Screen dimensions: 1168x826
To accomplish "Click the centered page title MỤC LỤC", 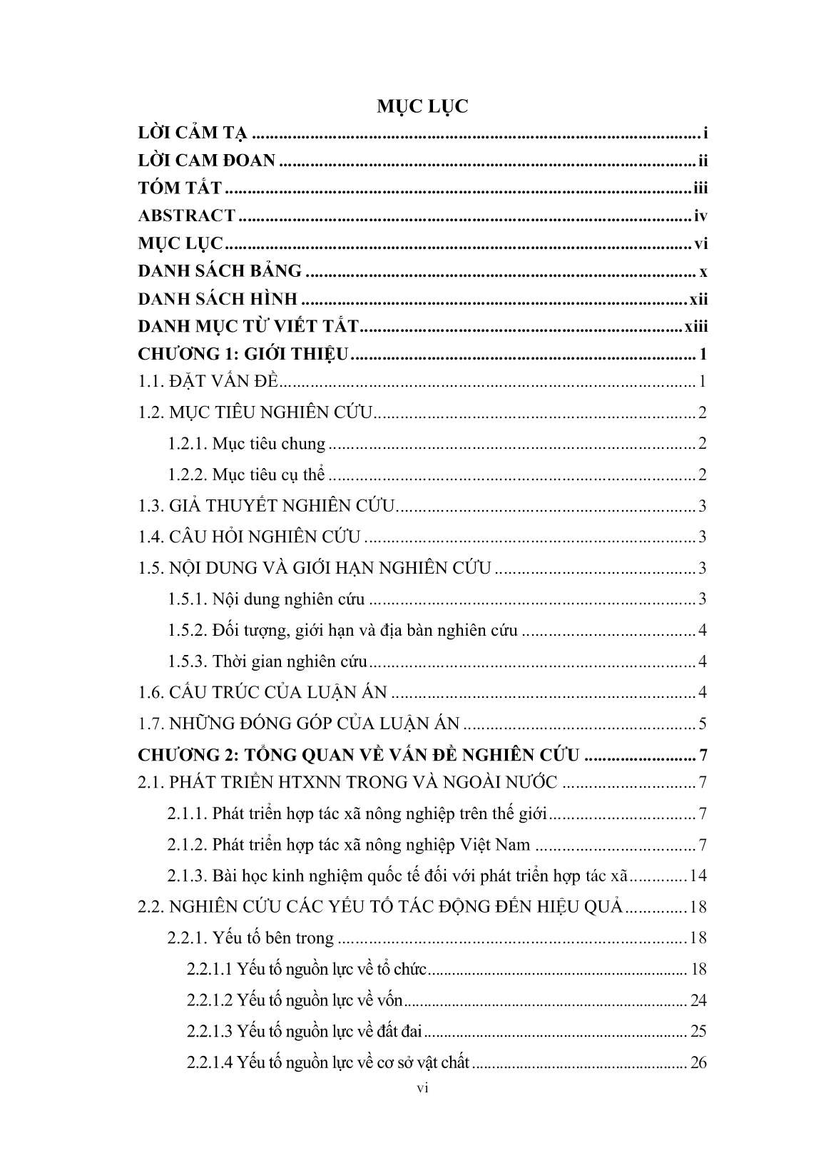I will coord(422,107).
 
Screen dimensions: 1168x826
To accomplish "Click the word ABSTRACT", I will coord(186,215).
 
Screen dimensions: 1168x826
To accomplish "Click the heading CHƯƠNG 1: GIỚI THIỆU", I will coord(243,355).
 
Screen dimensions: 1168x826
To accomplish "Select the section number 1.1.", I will coord(151,382).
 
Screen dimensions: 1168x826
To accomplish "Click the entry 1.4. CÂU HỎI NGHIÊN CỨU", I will coord(250,537).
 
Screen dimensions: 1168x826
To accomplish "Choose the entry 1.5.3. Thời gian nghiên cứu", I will coord(267,661).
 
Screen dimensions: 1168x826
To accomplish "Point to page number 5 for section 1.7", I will coord(703,724).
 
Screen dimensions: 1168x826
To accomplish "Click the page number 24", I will coord(698,1000).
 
